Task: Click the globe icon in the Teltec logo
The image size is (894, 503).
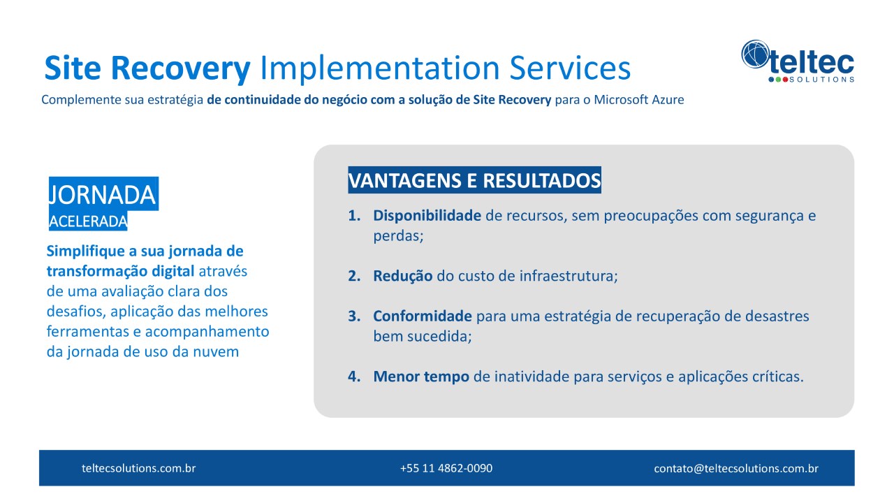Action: pos(755,54)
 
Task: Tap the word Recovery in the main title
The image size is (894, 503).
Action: pos(180,68)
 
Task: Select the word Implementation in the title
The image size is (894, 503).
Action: pos(379,68)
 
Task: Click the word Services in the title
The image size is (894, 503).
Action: pos(570,68)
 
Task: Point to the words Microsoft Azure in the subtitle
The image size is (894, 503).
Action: pos(638,99)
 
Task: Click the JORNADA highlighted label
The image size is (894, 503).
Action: pos(103,194)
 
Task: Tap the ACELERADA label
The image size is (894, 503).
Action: pos(88,221)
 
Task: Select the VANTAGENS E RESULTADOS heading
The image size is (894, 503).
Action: pos(474,180)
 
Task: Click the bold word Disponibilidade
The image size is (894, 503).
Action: pos(427,216)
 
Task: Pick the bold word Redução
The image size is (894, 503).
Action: pos(403,276)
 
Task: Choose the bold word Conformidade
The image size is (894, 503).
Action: pos(423,316)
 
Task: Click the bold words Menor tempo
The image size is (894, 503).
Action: pos(421,377)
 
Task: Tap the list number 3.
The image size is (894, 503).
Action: pos(354,316)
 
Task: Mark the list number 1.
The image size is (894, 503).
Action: pos(354,216)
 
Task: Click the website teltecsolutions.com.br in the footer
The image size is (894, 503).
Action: pos(138,468)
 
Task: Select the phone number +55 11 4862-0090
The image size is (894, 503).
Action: pos(446,468)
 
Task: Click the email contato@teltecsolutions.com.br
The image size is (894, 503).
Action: pos(736,468)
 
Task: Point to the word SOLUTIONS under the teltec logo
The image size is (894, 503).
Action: pos(821,80)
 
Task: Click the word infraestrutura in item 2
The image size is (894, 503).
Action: pos(569,276)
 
